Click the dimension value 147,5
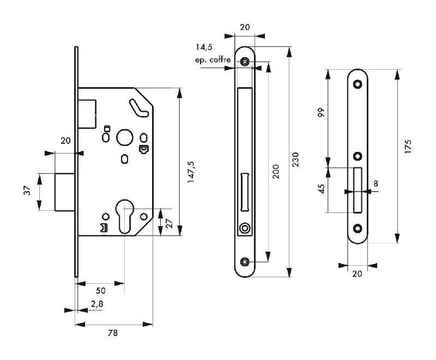191,171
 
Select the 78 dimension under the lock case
113,332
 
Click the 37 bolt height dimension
28,191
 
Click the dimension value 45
321,189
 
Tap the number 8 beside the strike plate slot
376,184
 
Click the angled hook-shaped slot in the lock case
139,107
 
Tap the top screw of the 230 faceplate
246,62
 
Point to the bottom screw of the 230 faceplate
246,261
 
